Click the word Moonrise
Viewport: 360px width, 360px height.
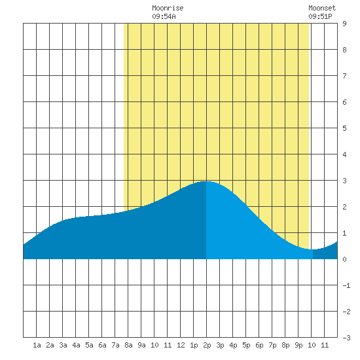(x=168, y=8)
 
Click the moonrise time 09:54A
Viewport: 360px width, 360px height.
(x=164, y=16)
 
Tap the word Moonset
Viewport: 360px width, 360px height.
(x=322, y=8)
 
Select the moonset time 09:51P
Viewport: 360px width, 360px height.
(x=320, y=16)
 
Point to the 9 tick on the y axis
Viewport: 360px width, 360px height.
(x=344, y=24)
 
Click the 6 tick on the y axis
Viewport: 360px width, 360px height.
(x=344, y=102)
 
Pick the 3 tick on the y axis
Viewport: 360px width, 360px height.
(x=344, y=181)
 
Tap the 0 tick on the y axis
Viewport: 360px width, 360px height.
(x=344, y=259)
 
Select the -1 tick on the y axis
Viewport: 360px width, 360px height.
(x=346, y=285)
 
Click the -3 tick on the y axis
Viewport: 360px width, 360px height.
(x=346, y=338)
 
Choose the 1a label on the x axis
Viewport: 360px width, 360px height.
(x=37, y=345)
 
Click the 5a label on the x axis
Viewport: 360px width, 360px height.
(x=89, y=345)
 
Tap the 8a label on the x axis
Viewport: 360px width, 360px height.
(x=128, y=345)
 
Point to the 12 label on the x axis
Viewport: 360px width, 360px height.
(x=181, y=345)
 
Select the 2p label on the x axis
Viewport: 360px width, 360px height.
(x=207, y=345)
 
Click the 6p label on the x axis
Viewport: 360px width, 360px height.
(x=259, y=345)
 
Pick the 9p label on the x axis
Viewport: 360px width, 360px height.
(x=298, y=345)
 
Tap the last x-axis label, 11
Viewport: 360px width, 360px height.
(x=325, y=345)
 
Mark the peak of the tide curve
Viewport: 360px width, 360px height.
(x=206, y=181)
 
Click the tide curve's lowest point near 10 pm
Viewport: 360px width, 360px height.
(x=313, y=249)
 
